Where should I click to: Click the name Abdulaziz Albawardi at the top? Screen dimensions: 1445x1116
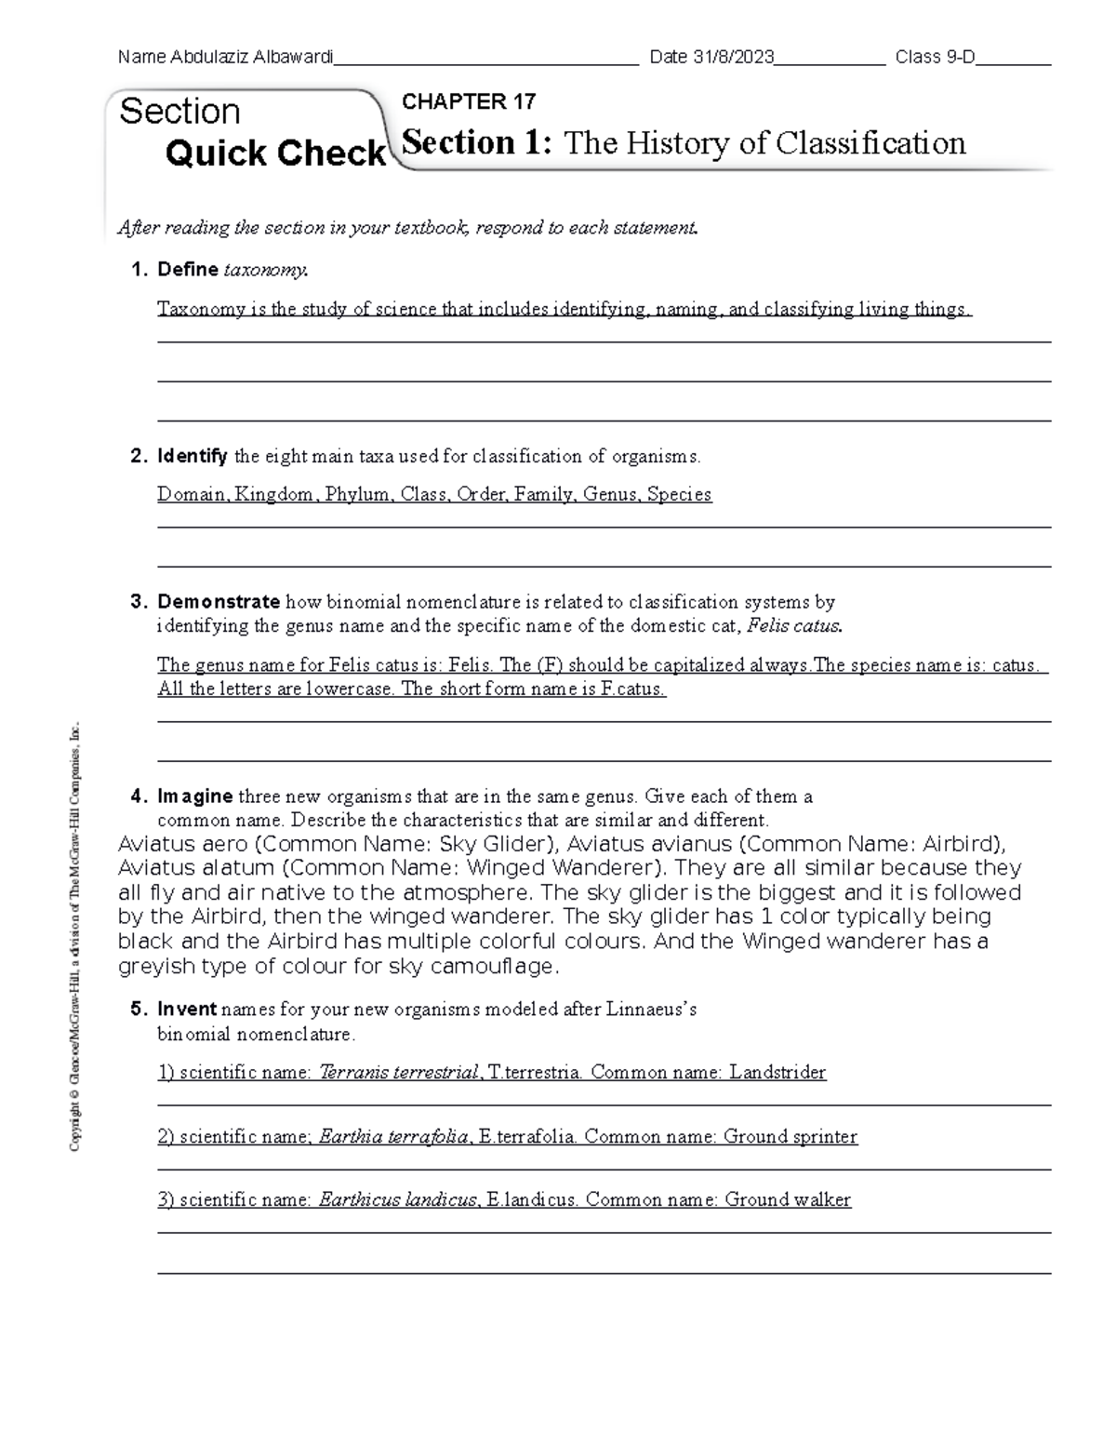coord(251,58)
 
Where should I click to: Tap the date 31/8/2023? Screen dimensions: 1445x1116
coord(734,58)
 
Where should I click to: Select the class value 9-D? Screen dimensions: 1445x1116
coord(961,58)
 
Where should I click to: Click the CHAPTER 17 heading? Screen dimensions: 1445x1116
coord(468,101)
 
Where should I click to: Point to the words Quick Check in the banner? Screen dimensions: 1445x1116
coord(275,154)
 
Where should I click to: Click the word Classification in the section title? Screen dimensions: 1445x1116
coord(870,143)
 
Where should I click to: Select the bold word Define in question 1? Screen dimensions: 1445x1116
coord(187,270)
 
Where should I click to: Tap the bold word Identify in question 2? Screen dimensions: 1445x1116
coord(193,456)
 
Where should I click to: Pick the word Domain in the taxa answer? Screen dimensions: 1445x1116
coord(192,494)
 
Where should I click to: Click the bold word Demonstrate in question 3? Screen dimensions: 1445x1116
coord(219,602)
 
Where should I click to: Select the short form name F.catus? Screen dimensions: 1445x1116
coord(637,689)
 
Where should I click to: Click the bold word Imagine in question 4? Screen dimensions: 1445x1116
coord(195,796)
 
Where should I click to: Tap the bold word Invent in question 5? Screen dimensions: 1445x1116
coord(187,1010)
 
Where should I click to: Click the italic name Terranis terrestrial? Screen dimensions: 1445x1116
coord(399,1073)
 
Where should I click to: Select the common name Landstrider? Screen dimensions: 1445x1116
coord(777,1073)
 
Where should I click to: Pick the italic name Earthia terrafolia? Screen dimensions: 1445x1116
coord(393,1137)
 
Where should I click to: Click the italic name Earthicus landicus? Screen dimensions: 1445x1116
coord(398,1200)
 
